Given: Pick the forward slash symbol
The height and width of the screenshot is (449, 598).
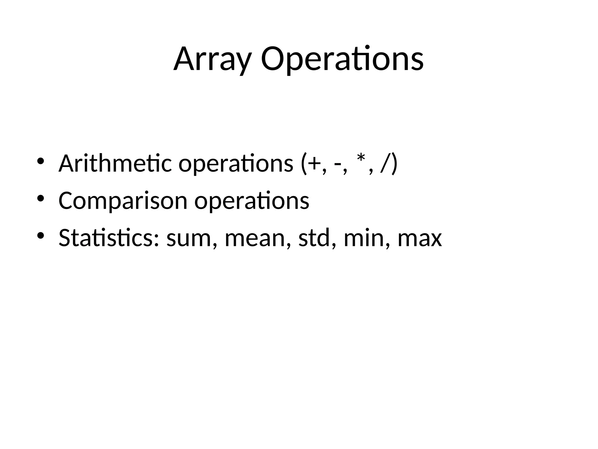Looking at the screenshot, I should pyautogui.click(x=384, y=164).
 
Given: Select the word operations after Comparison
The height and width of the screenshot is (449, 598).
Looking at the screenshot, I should pyautogui.click(x=252, y=201).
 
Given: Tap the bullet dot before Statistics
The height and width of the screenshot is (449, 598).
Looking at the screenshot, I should pyautogui.click(x=41, y=235).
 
